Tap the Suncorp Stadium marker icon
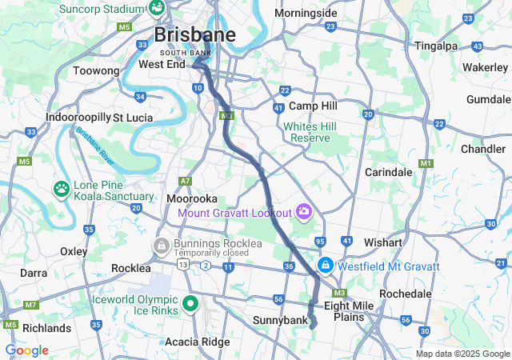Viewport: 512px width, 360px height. [156, 9]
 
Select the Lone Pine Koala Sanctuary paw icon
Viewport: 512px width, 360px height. [62, 190]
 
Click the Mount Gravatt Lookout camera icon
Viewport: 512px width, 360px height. [303, 212]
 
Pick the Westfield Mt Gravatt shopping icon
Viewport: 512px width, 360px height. [326, 266]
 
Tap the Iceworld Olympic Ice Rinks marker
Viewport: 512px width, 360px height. [190, 303]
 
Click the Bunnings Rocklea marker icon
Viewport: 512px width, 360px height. [161, 245]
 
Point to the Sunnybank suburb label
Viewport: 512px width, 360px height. [280, 320]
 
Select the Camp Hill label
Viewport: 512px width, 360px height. [313, 106]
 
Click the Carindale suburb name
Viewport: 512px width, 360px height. [388, 172]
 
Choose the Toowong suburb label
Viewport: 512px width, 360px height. [95, 71]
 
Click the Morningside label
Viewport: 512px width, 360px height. [306, 14]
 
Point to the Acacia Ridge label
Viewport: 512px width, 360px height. [196, 342]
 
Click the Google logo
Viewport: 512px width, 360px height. [26, 350]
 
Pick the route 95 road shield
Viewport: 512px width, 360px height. [320, 241]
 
